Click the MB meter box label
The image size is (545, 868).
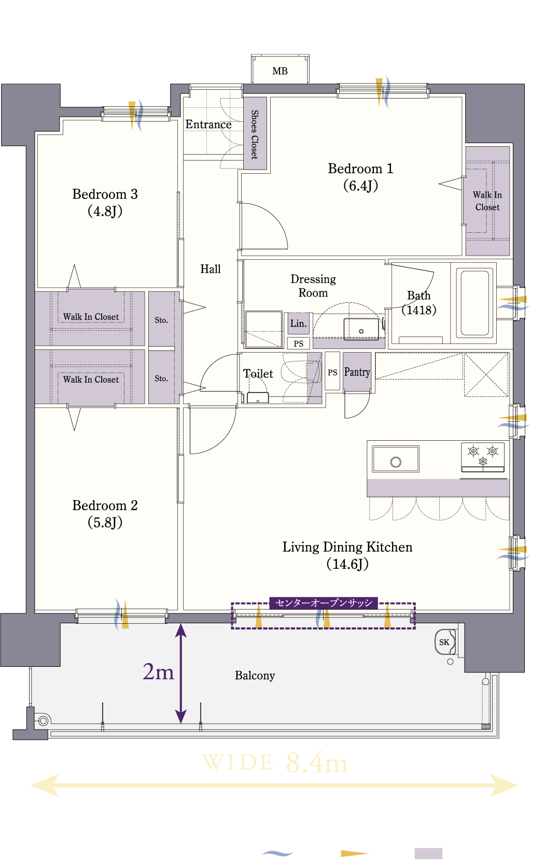pos(280,71)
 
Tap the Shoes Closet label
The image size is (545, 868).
pos(255,134)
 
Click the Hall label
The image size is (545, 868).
pos(211,269)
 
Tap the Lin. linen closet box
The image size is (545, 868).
pos(299,323)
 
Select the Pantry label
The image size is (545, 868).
pos(357,372)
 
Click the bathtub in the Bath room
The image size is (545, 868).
pos(475,303)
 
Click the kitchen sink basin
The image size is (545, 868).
pos(395,459)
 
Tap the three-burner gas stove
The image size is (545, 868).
pos(483,457)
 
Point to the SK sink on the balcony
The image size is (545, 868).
pos(445,642)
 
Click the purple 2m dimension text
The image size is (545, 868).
pos(158,671)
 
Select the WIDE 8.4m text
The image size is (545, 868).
pos(275,763)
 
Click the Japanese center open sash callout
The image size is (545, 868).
pos(324,603)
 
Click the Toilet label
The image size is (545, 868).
pos(258,373)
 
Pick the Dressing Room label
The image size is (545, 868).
pos(313,286)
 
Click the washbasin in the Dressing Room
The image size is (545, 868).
pos(361,329)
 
